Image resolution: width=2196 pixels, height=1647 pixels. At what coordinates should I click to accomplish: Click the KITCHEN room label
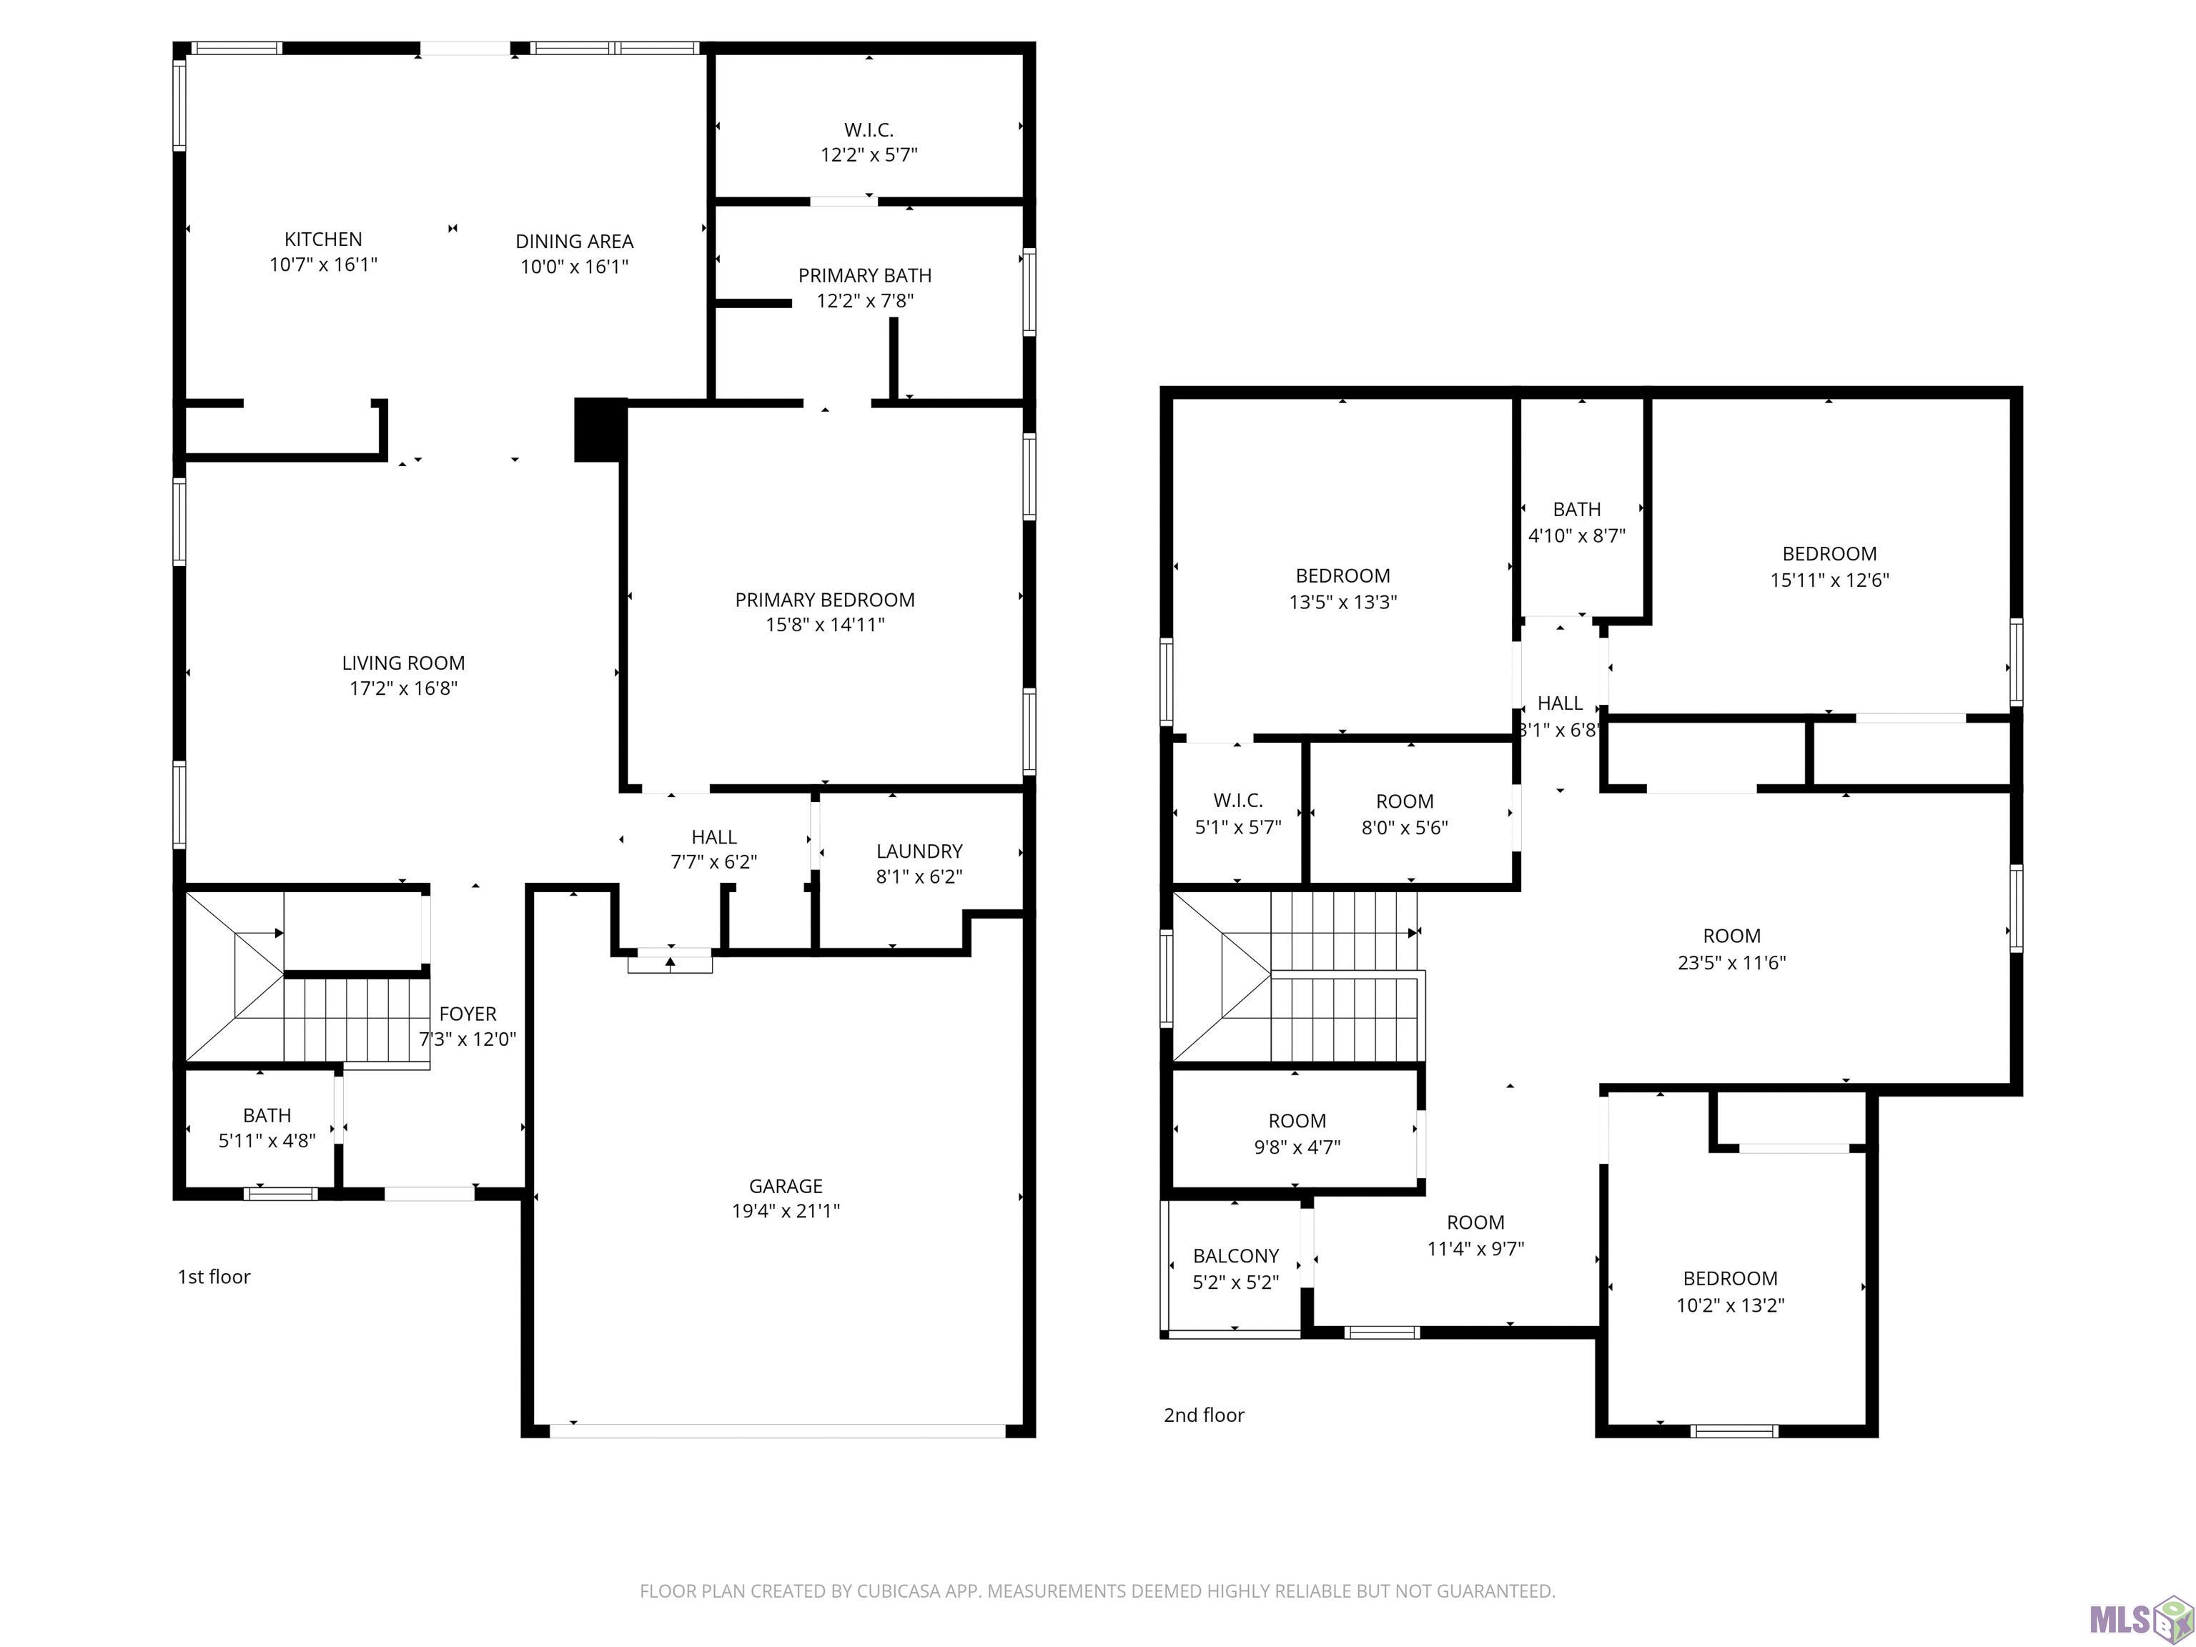click(324, 239)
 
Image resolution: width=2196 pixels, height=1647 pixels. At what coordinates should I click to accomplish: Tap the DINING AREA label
click(574, 241)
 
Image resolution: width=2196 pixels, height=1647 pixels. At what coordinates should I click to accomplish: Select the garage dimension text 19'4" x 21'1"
click(786, 1210)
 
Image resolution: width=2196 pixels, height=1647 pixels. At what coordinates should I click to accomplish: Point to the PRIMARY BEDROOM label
click(825, 600)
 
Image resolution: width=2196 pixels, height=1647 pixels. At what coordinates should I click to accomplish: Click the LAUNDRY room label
click(919, 851)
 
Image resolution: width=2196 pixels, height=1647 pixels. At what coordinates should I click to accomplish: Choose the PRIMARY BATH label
click(865, 275)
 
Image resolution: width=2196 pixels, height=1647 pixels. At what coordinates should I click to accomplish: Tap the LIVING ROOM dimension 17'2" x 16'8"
click(403, 688)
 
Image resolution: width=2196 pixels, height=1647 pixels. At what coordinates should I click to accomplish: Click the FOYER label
click(468, 1014)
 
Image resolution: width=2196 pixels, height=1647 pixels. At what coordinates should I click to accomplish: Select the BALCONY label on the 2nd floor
click(1236, 1256)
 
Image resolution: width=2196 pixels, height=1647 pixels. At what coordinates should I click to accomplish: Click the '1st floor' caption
click(214, 1277)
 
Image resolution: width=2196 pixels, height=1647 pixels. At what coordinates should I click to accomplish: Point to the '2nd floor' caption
click(1205, 1415)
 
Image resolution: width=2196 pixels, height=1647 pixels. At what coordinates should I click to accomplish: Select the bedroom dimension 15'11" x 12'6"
click(1830, 580)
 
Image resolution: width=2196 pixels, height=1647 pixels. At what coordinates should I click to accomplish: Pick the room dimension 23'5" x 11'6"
click(1732, 962)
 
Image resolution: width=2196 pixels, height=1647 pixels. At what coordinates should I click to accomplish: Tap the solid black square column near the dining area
click(600, 430)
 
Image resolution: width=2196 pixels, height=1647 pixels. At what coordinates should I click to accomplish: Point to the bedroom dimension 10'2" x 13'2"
click(1731, 1305)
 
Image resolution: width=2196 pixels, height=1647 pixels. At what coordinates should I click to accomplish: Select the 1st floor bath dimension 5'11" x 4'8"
click(267, 1141)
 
